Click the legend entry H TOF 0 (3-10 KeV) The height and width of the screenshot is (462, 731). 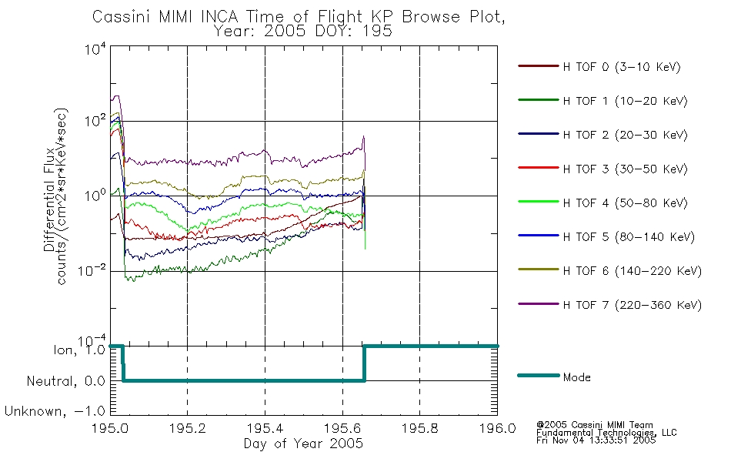click(x=622, y=67)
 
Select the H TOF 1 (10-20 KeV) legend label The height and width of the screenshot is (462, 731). click(x=625, y=101)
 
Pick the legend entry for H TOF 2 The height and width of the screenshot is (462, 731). click(x=625, y=135)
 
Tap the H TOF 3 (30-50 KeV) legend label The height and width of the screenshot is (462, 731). click(x=625, y=169)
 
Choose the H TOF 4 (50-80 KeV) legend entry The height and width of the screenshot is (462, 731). click(x=625, y=203)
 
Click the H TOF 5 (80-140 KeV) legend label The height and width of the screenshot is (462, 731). click(x=629, y=237)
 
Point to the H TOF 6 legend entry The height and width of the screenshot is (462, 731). click(x=632, y=271)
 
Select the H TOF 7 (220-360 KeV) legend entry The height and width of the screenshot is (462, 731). click(x=632, y=305)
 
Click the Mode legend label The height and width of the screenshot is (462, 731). click(x=576, y=377)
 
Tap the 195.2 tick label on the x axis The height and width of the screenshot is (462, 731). click(x=188, y=428)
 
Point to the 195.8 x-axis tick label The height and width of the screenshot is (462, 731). click(x=419, y=428)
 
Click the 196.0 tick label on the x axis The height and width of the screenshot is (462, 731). click(x=497, y=428)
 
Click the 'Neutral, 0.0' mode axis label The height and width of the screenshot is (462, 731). click(x=65, y=381)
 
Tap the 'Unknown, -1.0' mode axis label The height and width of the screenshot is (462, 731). click(x=55, y=411)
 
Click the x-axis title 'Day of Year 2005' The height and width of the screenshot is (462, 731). click(x=303, y=444)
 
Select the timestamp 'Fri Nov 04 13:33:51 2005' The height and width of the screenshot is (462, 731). click(x=596, y=440)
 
